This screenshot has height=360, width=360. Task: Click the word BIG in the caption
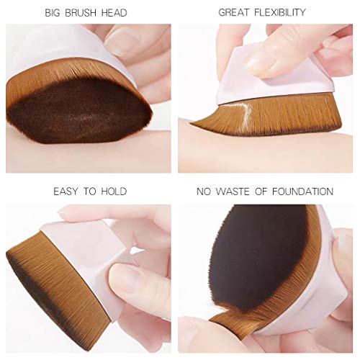(x=54, y=13)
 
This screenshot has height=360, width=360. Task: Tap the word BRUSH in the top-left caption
(x=84, y=13)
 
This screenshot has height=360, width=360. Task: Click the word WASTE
(x=240, y=192)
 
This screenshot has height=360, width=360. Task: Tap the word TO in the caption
(x=92, y=192)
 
